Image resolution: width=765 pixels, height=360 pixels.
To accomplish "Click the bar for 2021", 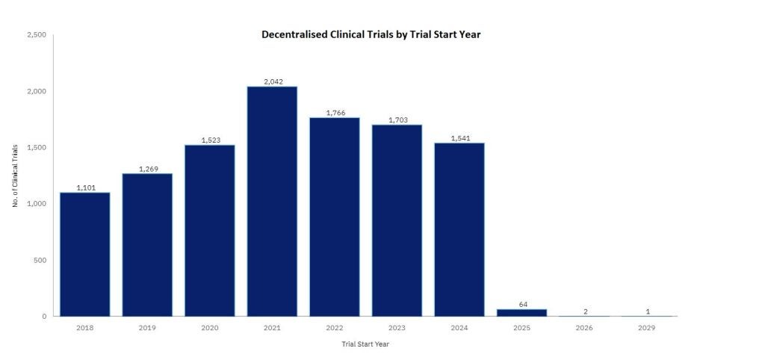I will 272,202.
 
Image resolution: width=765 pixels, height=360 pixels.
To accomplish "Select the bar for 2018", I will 84,254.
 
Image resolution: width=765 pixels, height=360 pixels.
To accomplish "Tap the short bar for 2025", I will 521,312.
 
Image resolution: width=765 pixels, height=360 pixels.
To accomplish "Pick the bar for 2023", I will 397,220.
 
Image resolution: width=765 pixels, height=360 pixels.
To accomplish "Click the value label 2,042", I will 272,81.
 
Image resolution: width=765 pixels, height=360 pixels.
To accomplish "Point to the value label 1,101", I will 84,187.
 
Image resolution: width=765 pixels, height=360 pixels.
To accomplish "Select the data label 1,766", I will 335,112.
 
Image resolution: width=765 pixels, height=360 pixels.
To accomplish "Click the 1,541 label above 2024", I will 459,137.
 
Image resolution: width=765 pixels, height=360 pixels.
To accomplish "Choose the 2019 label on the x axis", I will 147,328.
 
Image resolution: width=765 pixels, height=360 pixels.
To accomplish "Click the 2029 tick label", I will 647,328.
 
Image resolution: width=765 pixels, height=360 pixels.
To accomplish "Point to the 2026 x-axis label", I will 584,328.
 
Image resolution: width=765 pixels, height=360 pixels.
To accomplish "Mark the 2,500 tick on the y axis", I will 36,35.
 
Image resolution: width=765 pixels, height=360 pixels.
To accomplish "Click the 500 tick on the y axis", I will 40,260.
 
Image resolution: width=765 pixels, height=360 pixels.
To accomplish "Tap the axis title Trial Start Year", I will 365,344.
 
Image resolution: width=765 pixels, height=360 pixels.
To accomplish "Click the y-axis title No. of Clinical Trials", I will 15,176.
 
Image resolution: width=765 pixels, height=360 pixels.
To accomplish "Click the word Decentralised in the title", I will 292,34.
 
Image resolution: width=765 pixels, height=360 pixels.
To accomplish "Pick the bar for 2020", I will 209,230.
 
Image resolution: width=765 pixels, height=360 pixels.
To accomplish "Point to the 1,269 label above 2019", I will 147,168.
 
